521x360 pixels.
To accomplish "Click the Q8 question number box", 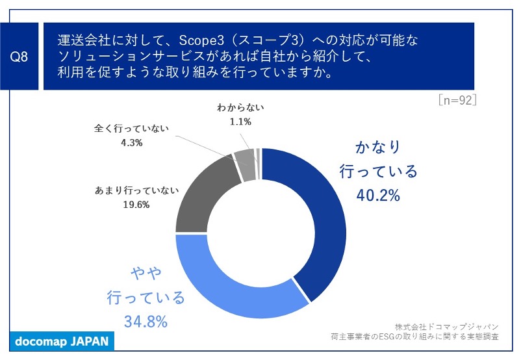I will [x=20, y=57].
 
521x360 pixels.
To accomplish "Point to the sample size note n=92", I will [x=457, y=100].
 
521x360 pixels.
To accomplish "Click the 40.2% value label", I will [x=377, y=194].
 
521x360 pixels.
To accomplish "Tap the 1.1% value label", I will [x=239, y=121].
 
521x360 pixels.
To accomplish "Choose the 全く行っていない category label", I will [x=131, y=129].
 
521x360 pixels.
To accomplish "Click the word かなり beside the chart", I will [x=378, y=146].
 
